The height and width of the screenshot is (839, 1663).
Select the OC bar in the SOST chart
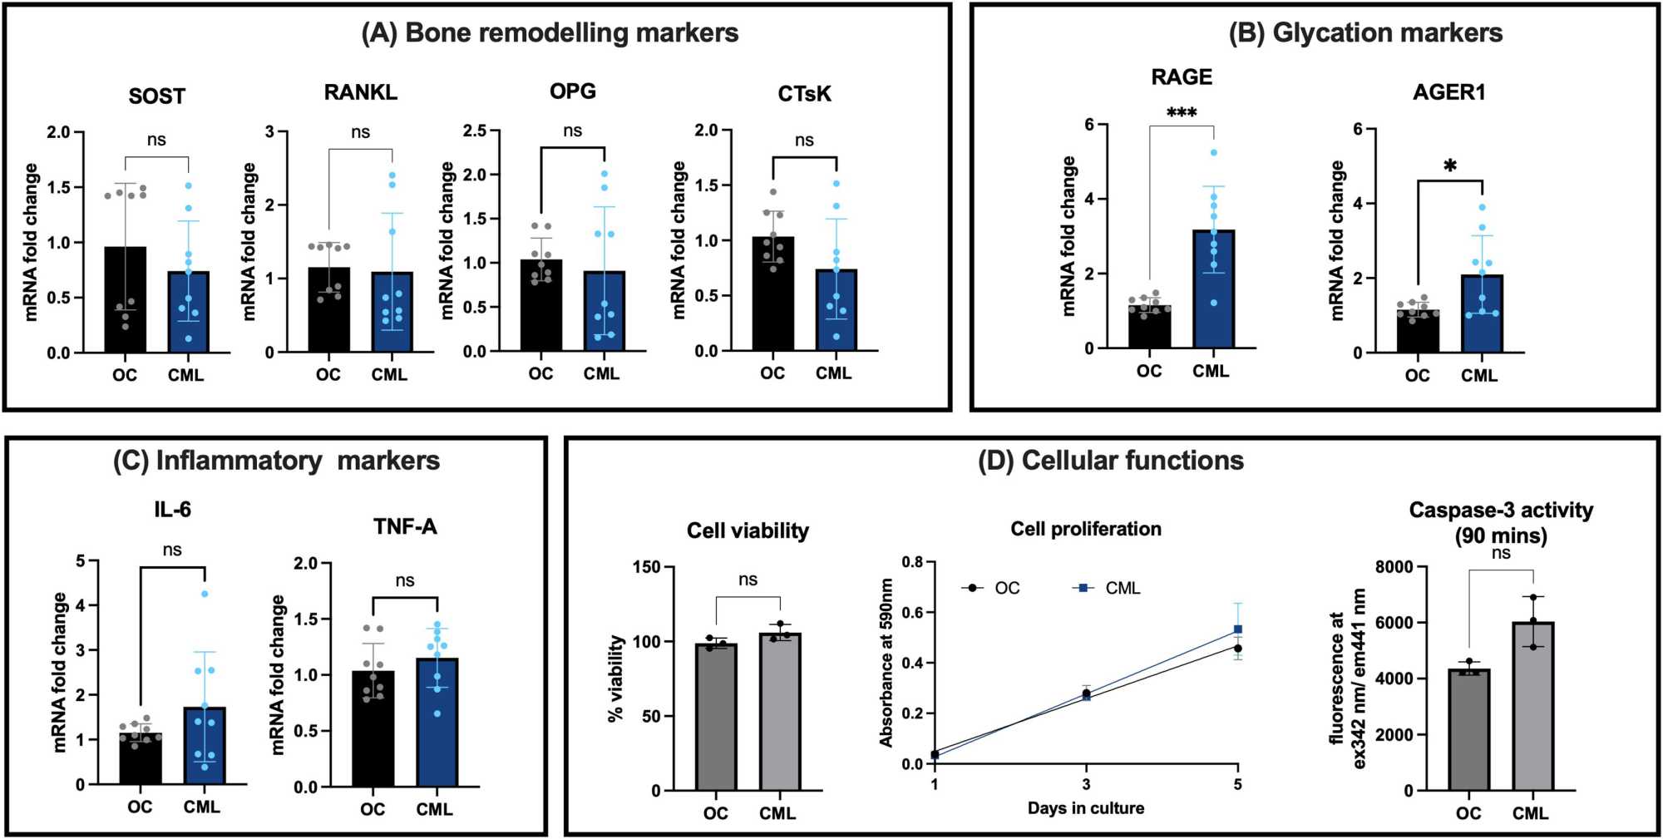pos(125,299)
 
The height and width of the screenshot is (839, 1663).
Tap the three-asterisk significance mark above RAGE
pos(1182,112)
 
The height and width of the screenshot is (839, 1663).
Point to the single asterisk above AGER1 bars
pos(1450,166)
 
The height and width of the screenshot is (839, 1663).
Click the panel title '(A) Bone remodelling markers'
pos(550,33)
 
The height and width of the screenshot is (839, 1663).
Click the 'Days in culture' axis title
pos(1085,808)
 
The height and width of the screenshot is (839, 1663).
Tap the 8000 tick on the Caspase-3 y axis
pos(1394,567)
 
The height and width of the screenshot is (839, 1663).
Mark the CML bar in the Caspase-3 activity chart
pos(1532,706)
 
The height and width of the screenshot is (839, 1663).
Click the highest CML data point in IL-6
pos(205,594)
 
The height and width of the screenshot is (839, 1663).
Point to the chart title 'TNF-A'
pos(405,526)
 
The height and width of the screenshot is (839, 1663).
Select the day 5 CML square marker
pos(1237,629)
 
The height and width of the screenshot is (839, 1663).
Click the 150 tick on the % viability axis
pos(645,567)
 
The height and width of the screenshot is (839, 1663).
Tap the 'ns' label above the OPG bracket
pos(572,131)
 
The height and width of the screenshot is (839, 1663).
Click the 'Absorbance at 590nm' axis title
pos(886,663)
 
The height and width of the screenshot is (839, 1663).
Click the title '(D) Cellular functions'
pos(1110,461)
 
